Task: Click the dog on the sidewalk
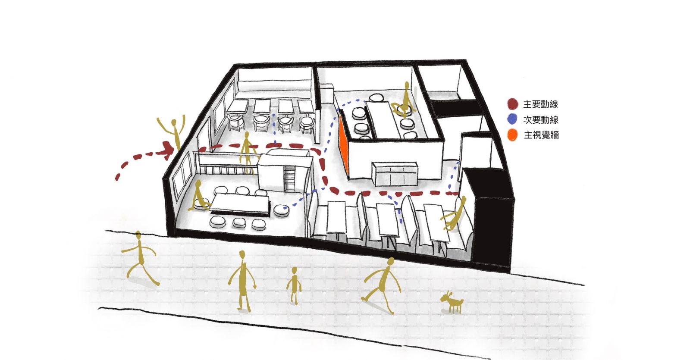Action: point(452,302)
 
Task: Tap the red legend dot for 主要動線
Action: point(513,104)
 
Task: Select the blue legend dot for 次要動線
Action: point(512,119)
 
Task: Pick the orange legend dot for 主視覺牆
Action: point(512,135)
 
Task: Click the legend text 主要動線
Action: point(541,104)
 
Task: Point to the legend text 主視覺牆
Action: point(541,135)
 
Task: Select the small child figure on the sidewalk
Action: point(294,286)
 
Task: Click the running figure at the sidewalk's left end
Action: point(140,259)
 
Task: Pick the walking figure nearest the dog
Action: point(382,285)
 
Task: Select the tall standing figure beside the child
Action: point(242,281)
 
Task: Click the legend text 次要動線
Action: point(541,119)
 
